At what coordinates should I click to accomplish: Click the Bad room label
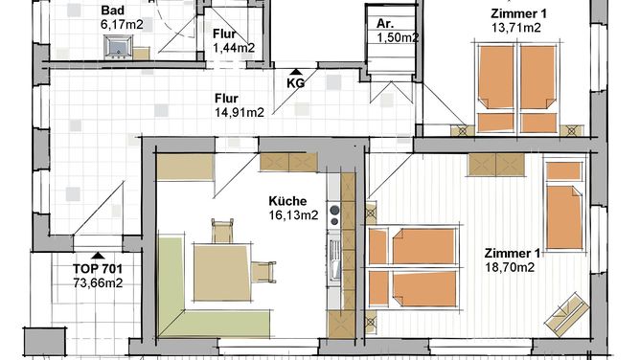click(x=113, y=11)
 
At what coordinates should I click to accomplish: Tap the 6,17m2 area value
click(x=122, y=25)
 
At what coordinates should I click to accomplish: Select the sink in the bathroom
click(x=119, y=47)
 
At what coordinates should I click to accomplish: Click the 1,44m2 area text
click(x=234, y=48)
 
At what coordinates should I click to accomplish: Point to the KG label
click(x=295, y=83)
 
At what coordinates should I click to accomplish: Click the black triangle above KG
click(x=296, y=73)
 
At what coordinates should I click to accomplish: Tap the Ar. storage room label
click(x=384, y=24)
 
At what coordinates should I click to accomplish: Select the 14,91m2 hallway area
click(x=240, y=113)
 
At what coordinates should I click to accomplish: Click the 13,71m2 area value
click(x=515, y=28)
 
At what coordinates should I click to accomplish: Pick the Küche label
click(x=287, y=201)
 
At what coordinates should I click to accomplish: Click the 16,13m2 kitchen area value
click(x=293, y=215)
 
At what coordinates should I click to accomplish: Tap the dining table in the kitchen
click(x=222, y=272)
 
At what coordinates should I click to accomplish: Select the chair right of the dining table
click(x=263, y=272)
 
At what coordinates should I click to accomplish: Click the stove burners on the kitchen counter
click(x=334, y=215)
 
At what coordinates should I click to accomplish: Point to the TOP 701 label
click(x=98, y=269)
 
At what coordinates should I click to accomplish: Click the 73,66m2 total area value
click(x=98, y=283)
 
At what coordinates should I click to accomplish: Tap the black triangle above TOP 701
click(x=97, y=256)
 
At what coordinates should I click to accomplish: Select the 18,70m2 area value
click(x=510, y=267)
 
